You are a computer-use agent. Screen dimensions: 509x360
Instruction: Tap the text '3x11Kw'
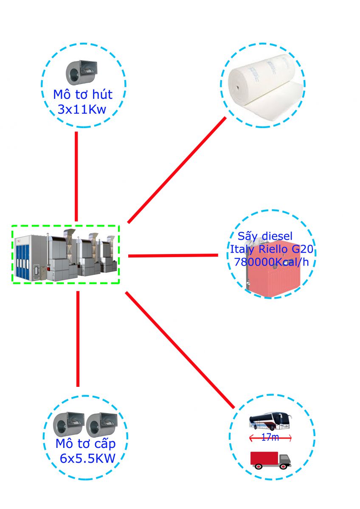point(82,109)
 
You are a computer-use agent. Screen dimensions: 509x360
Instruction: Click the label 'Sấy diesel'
point(265,236)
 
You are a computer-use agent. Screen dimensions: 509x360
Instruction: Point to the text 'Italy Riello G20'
point(271,249)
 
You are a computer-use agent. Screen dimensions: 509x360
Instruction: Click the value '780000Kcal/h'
point(271,262)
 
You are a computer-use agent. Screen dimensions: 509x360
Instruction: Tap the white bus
point(270,422)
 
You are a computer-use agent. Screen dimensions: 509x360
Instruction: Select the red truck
point(270,459)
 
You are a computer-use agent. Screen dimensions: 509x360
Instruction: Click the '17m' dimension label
point(270,438)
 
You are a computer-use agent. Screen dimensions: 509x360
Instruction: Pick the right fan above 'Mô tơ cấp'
point(101,425)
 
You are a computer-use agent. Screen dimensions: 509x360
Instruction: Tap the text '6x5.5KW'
point(88,459)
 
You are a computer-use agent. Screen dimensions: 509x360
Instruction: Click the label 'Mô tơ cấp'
point(85,445)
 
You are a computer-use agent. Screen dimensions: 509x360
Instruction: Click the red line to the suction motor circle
point(76,176)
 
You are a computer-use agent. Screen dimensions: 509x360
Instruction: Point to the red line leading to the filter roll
point(177,170)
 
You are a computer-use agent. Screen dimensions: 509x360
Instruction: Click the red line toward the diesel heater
point(173,255)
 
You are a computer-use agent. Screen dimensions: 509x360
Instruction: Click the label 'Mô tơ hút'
point(83,94)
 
